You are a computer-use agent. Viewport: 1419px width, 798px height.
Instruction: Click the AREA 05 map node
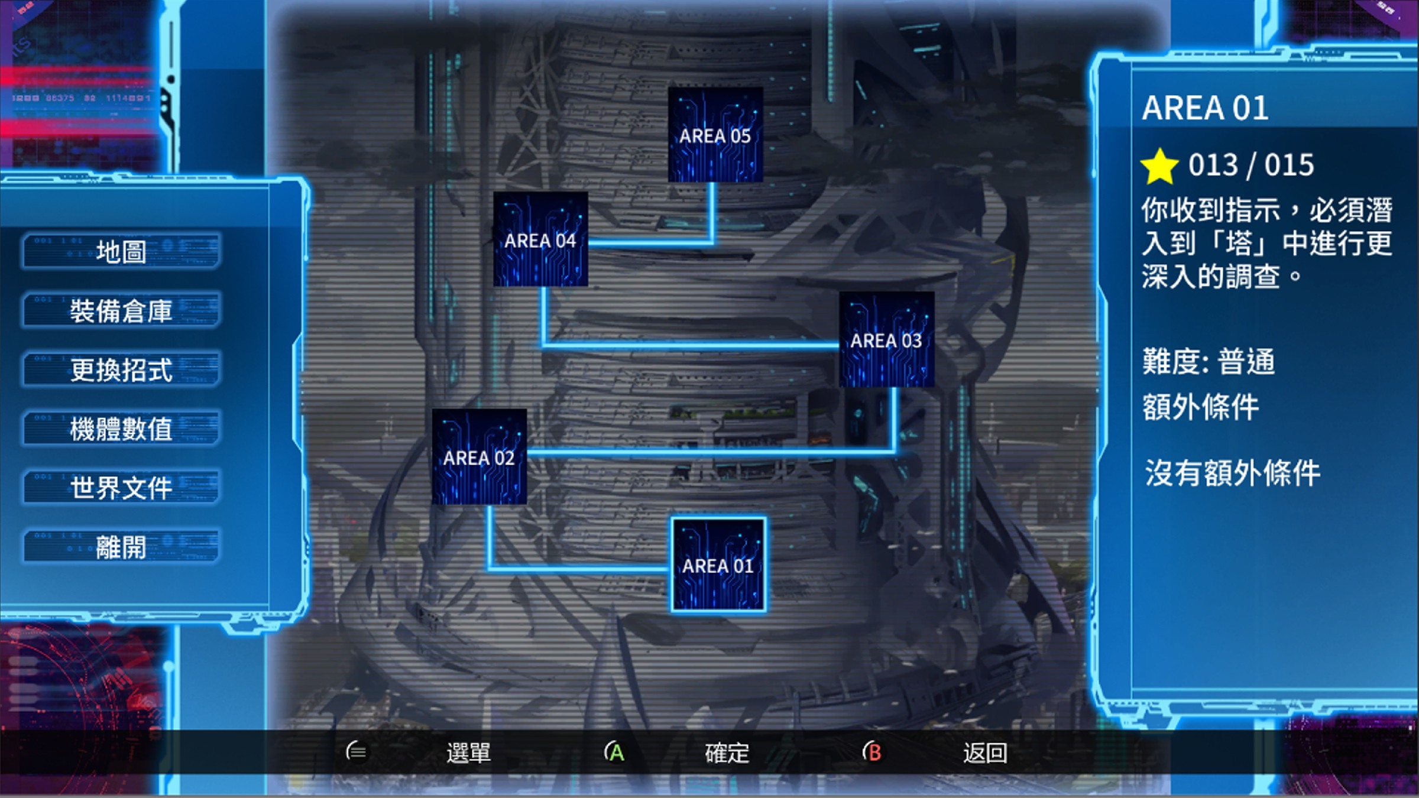tap(715, 135)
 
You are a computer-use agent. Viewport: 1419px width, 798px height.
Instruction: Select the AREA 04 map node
tap(540, 239)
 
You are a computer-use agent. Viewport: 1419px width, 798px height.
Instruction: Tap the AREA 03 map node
tap(886, 339)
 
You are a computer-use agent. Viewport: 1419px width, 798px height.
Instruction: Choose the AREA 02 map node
tap(479, 456)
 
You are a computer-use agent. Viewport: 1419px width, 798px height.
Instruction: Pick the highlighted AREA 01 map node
tap(718, 565)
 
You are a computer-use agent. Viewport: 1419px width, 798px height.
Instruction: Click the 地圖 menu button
tap(121, 251)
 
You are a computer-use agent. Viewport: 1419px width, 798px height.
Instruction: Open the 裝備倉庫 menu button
tap(121, 310)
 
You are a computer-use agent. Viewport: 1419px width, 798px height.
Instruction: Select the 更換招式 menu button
tap(121, 369)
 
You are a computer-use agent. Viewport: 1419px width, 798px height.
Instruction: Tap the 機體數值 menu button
tap(121, 429)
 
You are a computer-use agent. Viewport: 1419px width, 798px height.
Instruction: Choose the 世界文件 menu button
tap(121, 488)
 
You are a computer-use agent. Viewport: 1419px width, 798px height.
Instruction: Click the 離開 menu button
tap(121, 547)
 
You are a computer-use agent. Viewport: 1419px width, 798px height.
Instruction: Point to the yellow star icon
tap(1159, 166)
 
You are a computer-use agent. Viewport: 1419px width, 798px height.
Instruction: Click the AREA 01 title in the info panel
tap(1205, 108)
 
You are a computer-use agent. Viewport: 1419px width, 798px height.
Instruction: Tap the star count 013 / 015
tap(1251, 165)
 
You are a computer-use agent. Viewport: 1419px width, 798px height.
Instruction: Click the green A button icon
tap(615, 752)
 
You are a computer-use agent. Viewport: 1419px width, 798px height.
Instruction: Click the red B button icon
tap(873, 752)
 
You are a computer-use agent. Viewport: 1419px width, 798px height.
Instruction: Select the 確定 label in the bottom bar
tap(727, 753)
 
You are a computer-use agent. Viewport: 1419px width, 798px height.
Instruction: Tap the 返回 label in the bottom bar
tap(985, 753)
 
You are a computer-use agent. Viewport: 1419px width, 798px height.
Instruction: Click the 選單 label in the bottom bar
tap(468, 753)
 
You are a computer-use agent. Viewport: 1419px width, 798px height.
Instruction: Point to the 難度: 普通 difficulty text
tap(1209, 362)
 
